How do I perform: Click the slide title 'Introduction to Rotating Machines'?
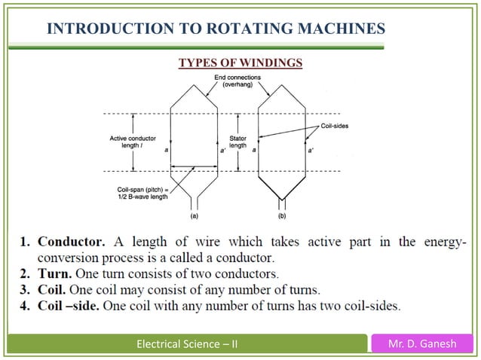[x=216, y=29]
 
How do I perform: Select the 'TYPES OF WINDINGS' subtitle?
[x=240, y=63]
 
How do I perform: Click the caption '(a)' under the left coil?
[x=195, y=216]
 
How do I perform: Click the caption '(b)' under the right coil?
[x=282, y=216]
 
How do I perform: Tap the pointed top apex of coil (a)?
[x=195, y=81]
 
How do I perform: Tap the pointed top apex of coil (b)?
[x=282, y=81]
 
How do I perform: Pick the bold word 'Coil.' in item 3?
[x=55, y=289]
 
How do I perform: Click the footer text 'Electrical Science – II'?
[x=184, y=345]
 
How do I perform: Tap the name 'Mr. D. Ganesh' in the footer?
[x=424, y=345]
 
